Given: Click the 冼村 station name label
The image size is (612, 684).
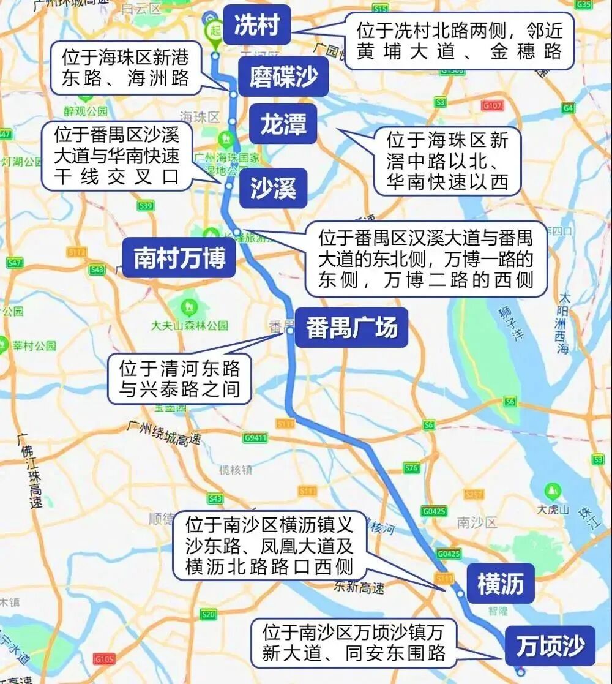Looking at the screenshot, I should pyautogui.click(x=256, y=26).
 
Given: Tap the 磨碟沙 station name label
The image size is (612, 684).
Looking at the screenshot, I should pyautogui.click(x=283, y=77).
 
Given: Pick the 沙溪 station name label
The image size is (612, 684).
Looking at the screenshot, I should pyautogui.click(x=273, y=189).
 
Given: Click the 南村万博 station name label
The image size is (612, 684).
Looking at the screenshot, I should pyautogui.click(x=180, y=258).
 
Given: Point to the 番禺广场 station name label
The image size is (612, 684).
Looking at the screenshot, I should pyautogui.click(x=352, y=328).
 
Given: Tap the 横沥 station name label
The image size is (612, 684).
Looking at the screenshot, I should pyautogui.click(x=501, y=584).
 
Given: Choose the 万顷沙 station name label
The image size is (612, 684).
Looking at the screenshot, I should pyautogui.click(x=550, y=645).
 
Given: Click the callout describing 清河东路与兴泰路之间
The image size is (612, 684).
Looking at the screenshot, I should pyautogui.click(x=179, y=378).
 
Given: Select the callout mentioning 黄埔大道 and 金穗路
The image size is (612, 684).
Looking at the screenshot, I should pyautogui.click(x=460, y=40).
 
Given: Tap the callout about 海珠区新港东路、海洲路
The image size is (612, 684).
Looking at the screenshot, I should pyautogui.click(x=125, y=67).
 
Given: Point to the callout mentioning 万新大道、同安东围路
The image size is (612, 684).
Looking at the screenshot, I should pyautogui.click(x=354, y=642).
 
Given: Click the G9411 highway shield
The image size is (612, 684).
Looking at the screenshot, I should pyautogui.click(x=255, y=437).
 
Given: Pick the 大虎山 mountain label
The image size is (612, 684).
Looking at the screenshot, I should pyautogui.click(x=553, y=509).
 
